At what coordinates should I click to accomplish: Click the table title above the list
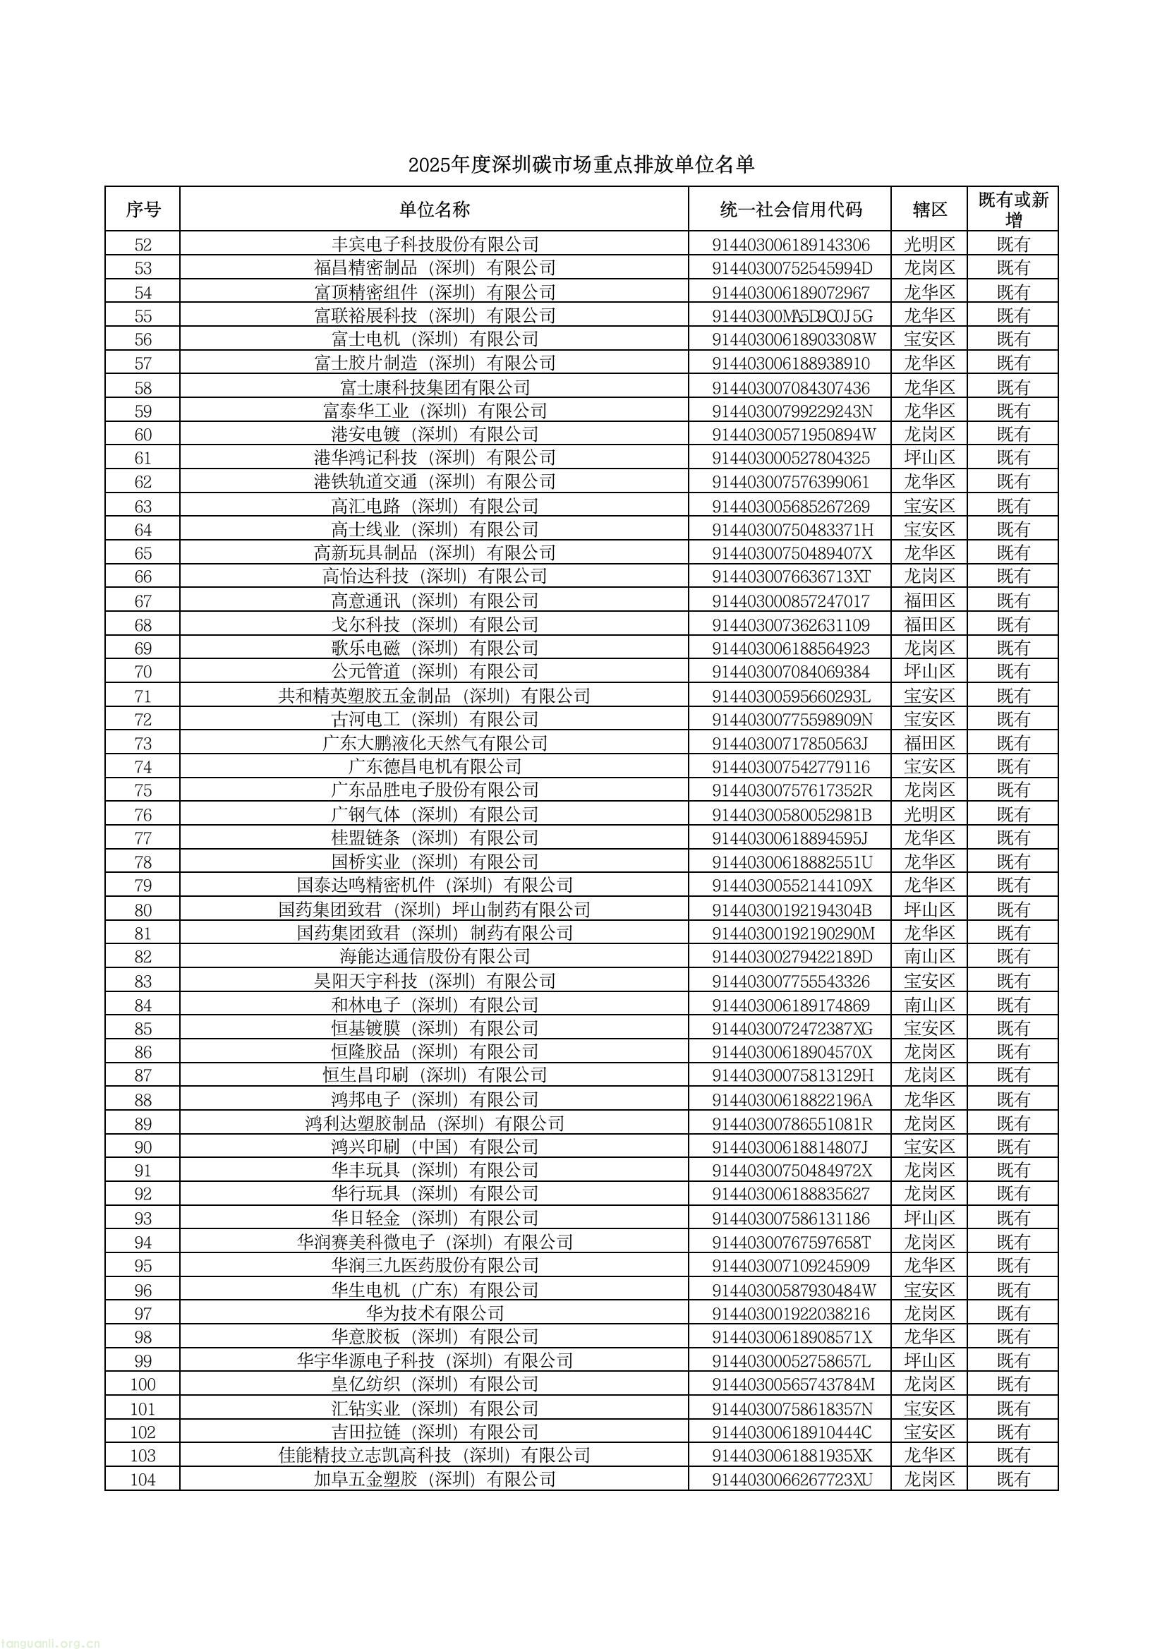coord(581,164)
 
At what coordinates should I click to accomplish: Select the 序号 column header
coord(143,209)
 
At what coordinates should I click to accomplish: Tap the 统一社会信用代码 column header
coord(790,209)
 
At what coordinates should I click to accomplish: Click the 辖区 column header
coord(929,209)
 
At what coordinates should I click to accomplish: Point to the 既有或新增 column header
coord(1013,209)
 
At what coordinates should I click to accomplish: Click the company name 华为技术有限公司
coord(434,1313)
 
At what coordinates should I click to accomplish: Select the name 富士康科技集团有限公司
coord(434,388)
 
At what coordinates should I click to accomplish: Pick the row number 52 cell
coord(143,244)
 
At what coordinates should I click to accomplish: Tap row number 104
coord(143,1480)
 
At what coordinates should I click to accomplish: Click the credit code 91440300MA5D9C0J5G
coord(791,315)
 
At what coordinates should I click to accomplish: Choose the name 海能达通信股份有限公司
coord(434,956)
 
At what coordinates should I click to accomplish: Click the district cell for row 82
coord(929,956)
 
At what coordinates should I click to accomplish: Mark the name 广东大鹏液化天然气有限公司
coord(434,743)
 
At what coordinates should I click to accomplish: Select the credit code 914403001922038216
coord(790,1313)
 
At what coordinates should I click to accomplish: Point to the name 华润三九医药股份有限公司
coord(434,1265)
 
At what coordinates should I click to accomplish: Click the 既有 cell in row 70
coord(1013,672)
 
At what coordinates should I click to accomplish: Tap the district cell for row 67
coord(929,600)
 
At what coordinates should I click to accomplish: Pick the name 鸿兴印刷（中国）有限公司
coord(434,1147)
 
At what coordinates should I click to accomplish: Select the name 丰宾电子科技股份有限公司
coord(434,244)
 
